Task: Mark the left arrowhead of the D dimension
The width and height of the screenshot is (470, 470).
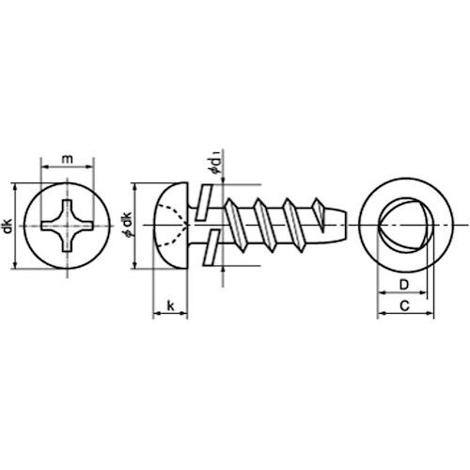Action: [x=379, y=293]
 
